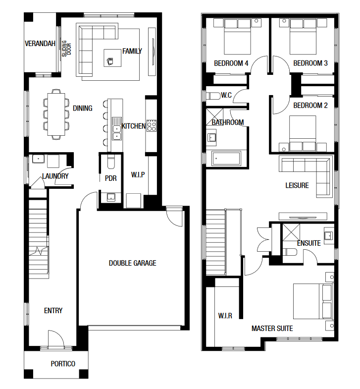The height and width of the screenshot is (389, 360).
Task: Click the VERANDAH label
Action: click(x=40, y=44)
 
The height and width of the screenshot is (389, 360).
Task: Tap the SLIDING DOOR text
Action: click(x=66, y=49)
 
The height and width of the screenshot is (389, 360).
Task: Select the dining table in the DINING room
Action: click(x=56, y=114)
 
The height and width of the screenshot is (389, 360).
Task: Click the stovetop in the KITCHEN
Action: click(x=152, y=125)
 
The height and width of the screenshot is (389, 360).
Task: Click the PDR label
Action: click(x=110, y=178)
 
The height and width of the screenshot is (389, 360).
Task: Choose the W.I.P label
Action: click(x=138, y=175)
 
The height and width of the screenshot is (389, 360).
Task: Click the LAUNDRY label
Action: click(x=55, y=176)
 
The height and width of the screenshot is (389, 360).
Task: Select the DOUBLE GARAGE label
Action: click(x=132, y=263)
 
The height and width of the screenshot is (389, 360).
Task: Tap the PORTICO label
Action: click(x=63, y=364)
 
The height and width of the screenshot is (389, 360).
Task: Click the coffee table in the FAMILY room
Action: click(x=112, y=58)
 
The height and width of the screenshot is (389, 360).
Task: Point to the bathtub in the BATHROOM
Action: click(x=226, y=158)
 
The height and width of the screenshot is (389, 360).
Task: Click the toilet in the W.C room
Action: click(x=213, y=96)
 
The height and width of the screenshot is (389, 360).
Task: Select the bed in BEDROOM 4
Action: click(x=237, y=37)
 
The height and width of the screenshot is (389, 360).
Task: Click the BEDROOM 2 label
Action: click(x=310, y=106)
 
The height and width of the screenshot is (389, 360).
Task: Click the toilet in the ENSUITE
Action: click(x=290, y=252)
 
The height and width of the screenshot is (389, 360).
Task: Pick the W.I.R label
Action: click(x=225, y=316)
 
